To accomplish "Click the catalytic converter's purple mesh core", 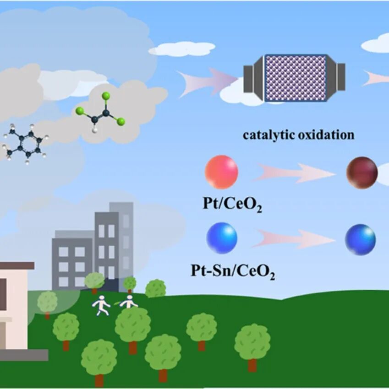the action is pyautogui.click(x=296, y=78).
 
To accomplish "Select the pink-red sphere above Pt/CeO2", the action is pyautogui.click(x=221, y=172).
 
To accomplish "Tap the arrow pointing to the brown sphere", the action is pyautogui.click(x=293, y=173).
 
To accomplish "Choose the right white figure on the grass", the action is pyautogui.click(x=129, y=302).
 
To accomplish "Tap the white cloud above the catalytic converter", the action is pyautogui.click(x=182, y=48).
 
